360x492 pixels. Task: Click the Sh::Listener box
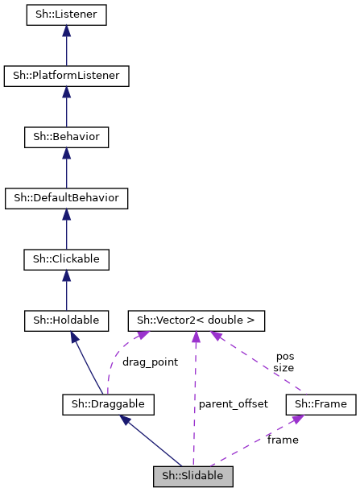[x=66, y=15]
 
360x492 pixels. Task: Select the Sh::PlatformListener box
[x=66, y=76]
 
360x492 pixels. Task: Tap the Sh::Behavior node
[x=66, y=138]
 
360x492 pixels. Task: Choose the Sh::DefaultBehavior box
[x=66, y=198]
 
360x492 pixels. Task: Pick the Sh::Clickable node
[x=66, y=259]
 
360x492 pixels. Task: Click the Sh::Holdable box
[x=66, y=320]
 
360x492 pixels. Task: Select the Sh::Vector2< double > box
[x=196, y=320]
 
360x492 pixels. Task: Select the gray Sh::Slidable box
[x=193, y=475]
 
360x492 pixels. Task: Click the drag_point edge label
[x=150, y=362]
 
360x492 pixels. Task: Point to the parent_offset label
[x=233, y=403]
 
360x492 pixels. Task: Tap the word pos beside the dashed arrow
[x=285, y=356]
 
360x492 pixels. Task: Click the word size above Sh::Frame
[x=283, y=367]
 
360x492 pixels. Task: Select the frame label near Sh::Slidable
[x=283, y=440]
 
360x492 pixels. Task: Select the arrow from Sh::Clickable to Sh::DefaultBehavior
[x=66, y=229]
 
